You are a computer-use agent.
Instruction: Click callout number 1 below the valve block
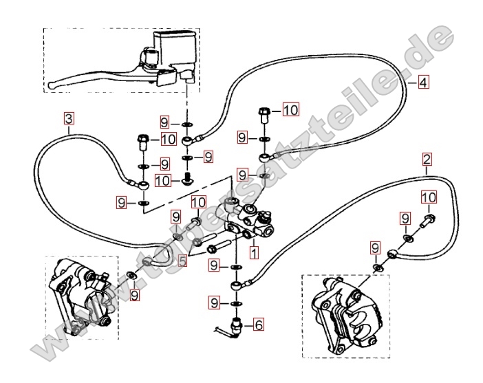pyautogui.click(x=254, y=252)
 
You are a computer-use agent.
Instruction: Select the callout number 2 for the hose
pyautogui.click(x=427, y=160)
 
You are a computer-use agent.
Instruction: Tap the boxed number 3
pyautogui.click(x=69, y=118)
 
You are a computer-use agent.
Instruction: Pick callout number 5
pyautogui.click(x=182, y=261)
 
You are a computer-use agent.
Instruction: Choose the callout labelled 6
pyautogui.click(x=259, y=324)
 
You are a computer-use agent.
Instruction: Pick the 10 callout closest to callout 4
pyautogui.click(x=290, y=109)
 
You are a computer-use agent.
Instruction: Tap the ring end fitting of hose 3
pyautogui.click(x=142, y=184)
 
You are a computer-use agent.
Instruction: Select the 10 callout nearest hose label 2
pyautogui.click(x=428, y=197)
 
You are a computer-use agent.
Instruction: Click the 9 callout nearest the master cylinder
pyautogui.click(x=164, y=123)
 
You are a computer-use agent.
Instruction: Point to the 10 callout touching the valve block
pyautogui.click(x=198, y=202)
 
